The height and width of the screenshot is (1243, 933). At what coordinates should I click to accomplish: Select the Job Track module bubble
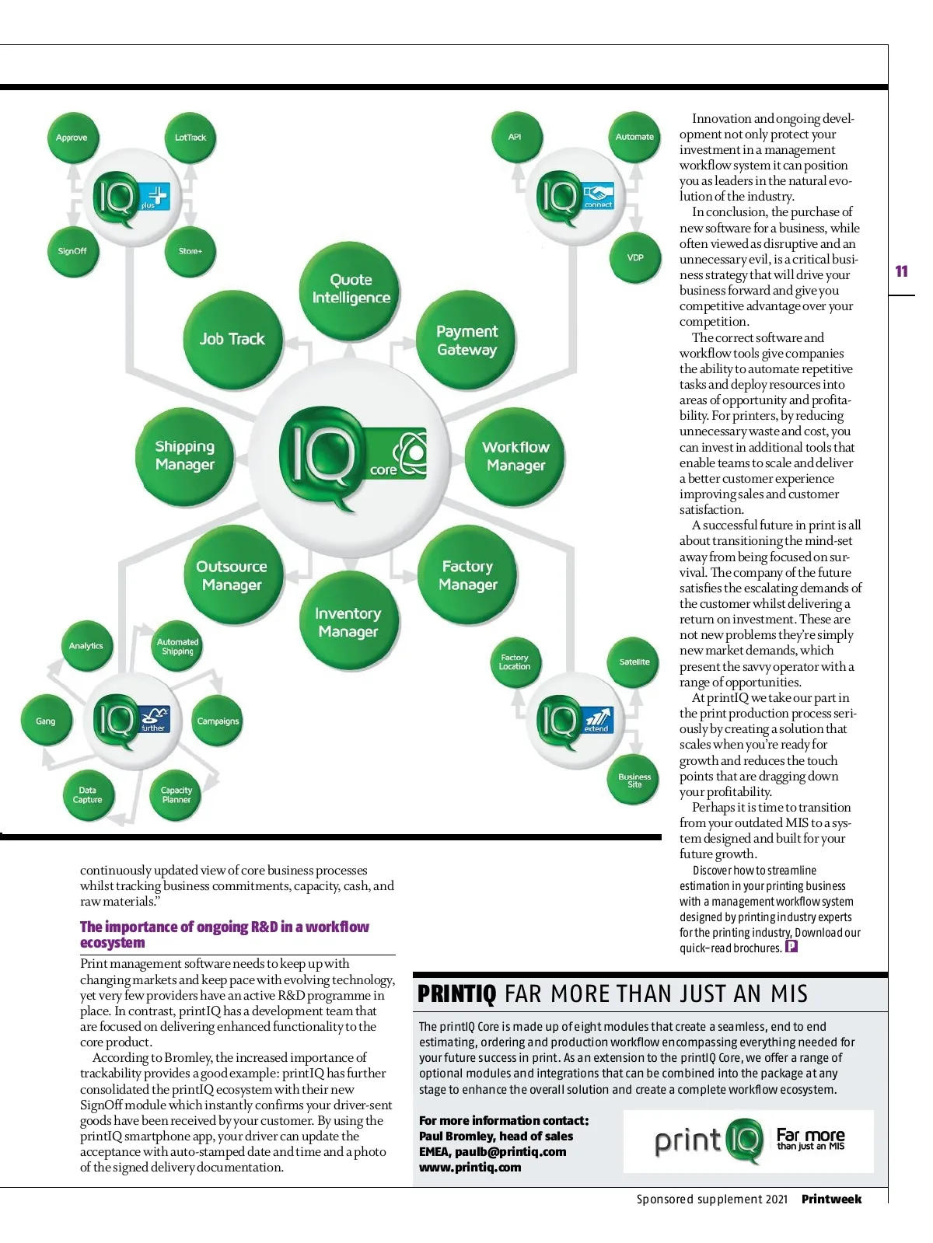point(232,339)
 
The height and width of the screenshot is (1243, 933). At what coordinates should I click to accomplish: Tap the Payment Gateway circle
point(466,340)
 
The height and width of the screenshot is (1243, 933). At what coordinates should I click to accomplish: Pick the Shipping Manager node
point(185,456)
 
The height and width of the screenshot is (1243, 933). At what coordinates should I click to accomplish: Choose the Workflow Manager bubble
point(515,456)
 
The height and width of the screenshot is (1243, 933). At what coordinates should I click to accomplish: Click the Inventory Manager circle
point(348,623)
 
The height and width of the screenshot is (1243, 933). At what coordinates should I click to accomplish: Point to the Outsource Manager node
point(232,576)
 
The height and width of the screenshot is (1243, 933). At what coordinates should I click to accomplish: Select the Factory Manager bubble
point(468,575)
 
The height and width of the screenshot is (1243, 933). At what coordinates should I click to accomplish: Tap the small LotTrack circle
point(190,138)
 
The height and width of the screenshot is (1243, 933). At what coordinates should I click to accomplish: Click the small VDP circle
point(635,257)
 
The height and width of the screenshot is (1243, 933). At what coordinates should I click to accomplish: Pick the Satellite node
point(634,662)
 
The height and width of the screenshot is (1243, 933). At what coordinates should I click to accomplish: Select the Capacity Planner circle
point(176,795)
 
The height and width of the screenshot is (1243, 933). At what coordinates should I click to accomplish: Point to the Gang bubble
point(46,721)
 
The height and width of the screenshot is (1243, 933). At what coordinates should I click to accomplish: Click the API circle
point(515,137)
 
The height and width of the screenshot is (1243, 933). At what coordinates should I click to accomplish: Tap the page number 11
point(901,271)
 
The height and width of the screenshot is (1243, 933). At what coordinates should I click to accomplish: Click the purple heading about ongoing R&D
point(225,934)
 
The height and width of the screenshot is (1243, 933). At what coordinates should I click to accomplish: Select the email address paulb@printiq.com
point(510,1151)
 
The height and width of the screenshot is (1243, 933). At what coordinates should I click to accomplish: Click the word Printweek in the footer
point(831,1199)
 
